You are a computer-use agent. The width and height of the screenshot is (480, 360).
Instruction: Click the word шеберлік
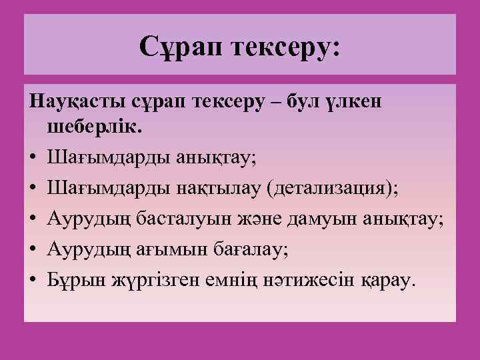[x=87, y=127]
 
